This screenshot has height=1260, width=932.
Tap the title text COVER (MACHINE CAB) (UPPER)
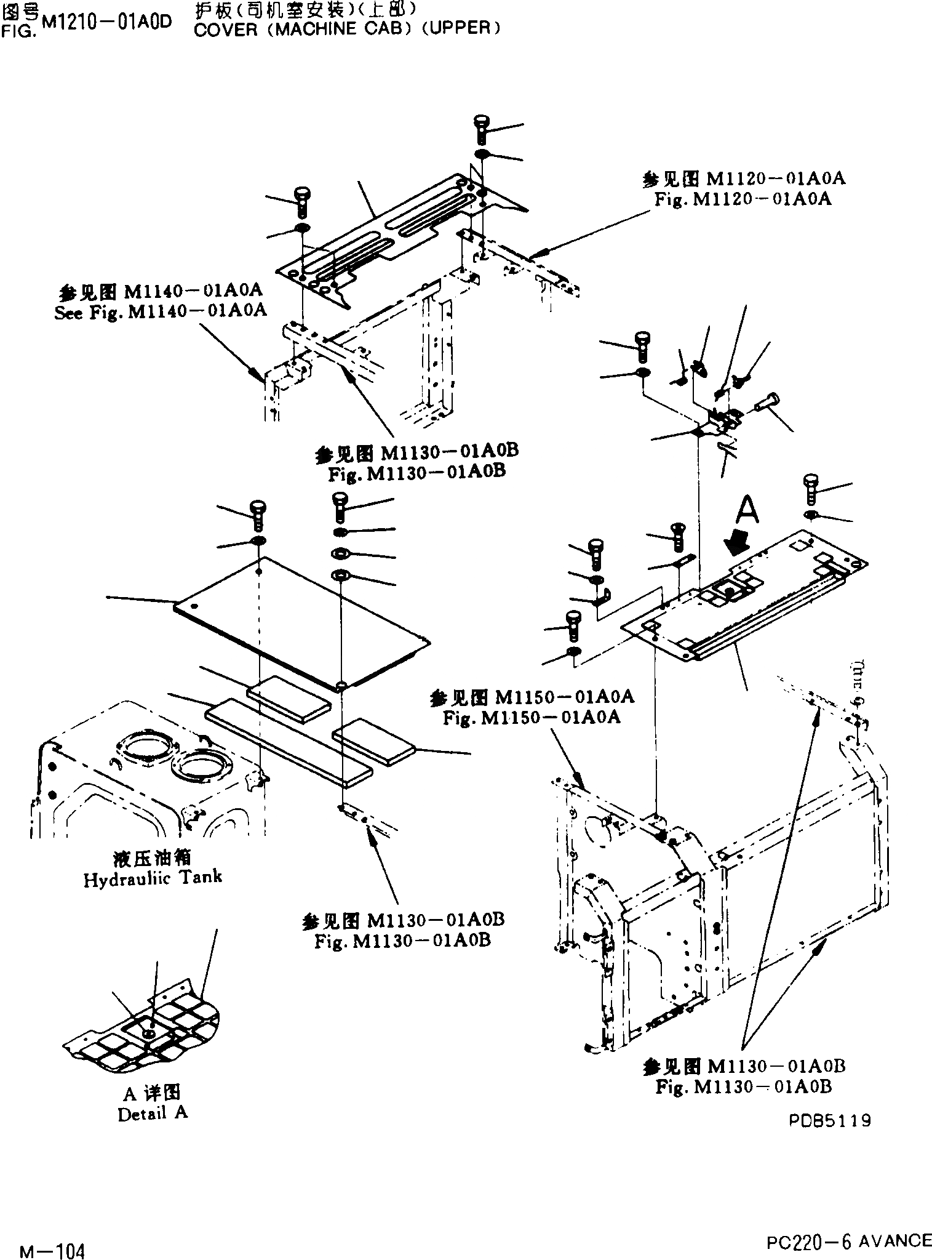[346, 29]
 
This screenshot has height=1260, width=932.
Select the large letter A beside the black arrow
[746, 510]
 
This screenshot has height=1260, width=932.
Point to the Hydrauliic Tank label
[153, 878]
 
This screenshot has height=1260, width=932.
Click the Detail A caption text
[153, 1113]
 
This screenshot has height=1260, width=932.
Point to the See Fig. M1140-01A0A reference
[161, 311]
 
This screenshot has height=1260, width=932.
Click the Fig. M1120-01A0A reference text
[743, 199]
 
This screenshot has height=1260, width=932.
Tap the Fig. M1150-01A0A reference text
[531, 717]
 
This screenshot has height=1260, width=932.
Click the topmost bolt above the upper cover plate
[481, 128]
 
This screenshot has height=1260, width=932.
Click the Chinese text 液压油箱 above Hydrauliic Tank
[153, 857]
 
